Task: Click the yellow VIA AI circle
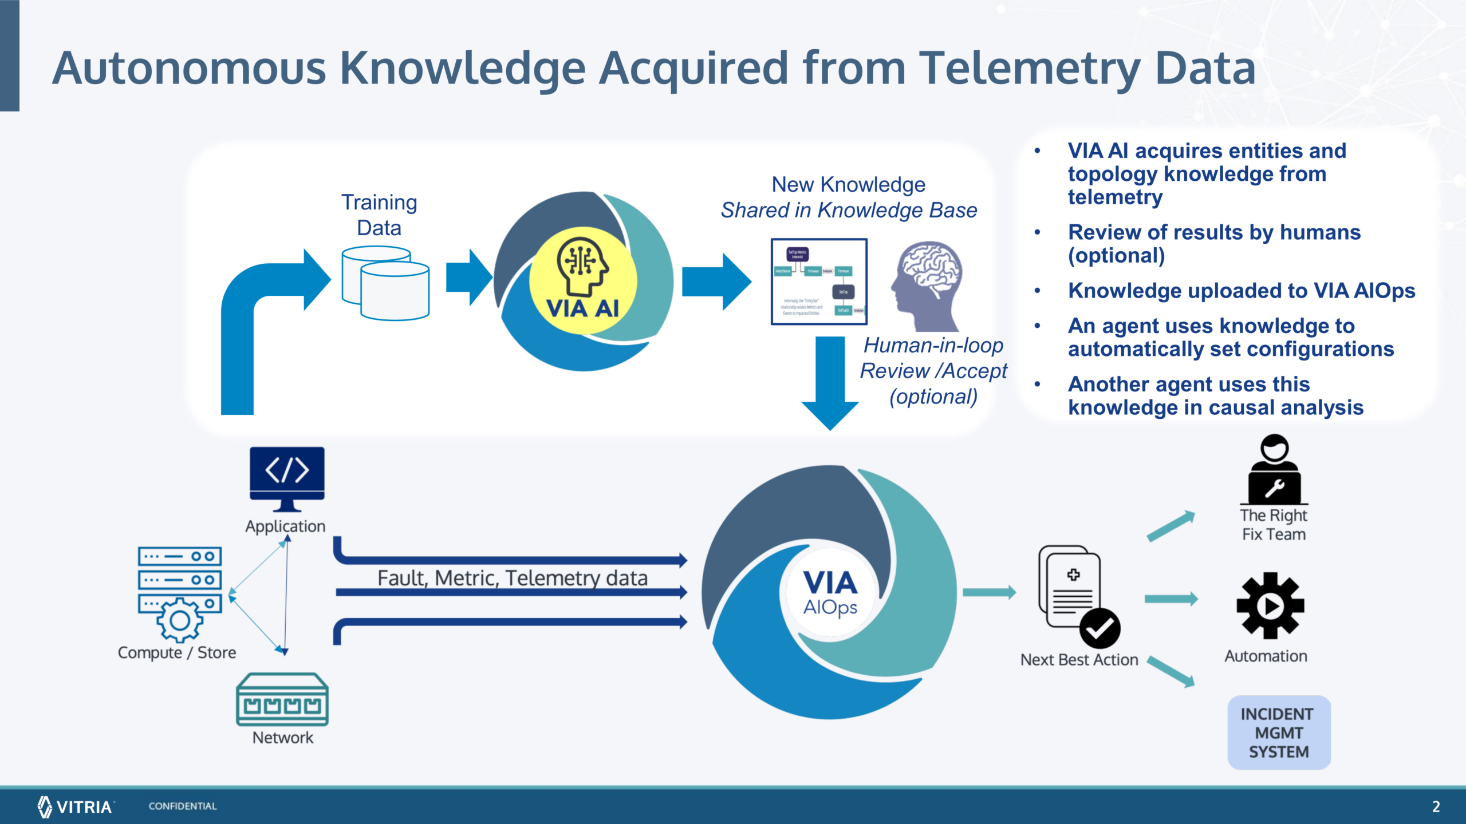pyautogui.click(x=582, y=280)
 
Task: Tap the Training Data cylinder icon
pyautogui.click(x=385, y=283)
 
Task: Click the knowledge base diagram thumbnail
pyautogui.click(x=818, y=282)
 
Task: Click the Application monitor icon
pyautogui.click(x=287, y=478)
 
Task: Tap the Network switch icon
pyautogui.click(x=282, y=699)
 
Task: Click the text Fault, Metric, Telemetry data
pyautogui.click(x=512, y=578)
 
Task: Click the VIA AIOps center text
pyautogui.click(x=830, y=592)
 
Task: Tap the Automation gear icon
pyautogui.click(x=1270, y=605)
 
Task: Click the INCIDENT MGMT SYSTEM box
pyautogui.click(x=1278, y=732)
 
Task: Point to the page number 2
pyautogui.click(x=1436, y=806)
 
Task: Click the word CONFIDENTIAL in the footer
pyautogui.click(x=183, y=806)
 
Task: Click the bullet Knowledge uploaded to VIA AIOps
pyautogui.click(x=1241, y=291)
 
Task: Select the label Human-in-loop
pyautogui.click(x=933, y=346)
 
